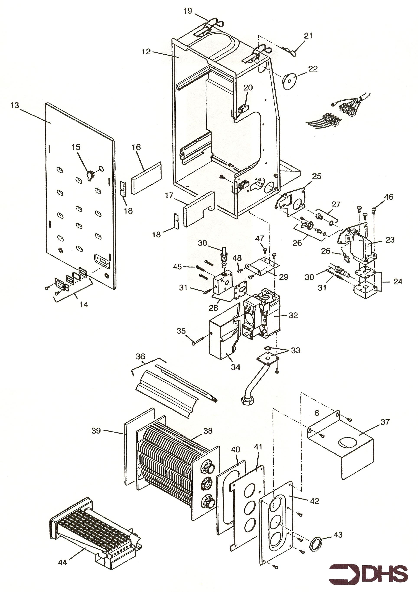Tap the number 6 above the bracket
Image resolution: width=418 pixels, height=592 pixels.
coord(317,413)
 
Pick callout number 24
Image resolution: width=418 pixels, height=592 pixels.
coord(397,281)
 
